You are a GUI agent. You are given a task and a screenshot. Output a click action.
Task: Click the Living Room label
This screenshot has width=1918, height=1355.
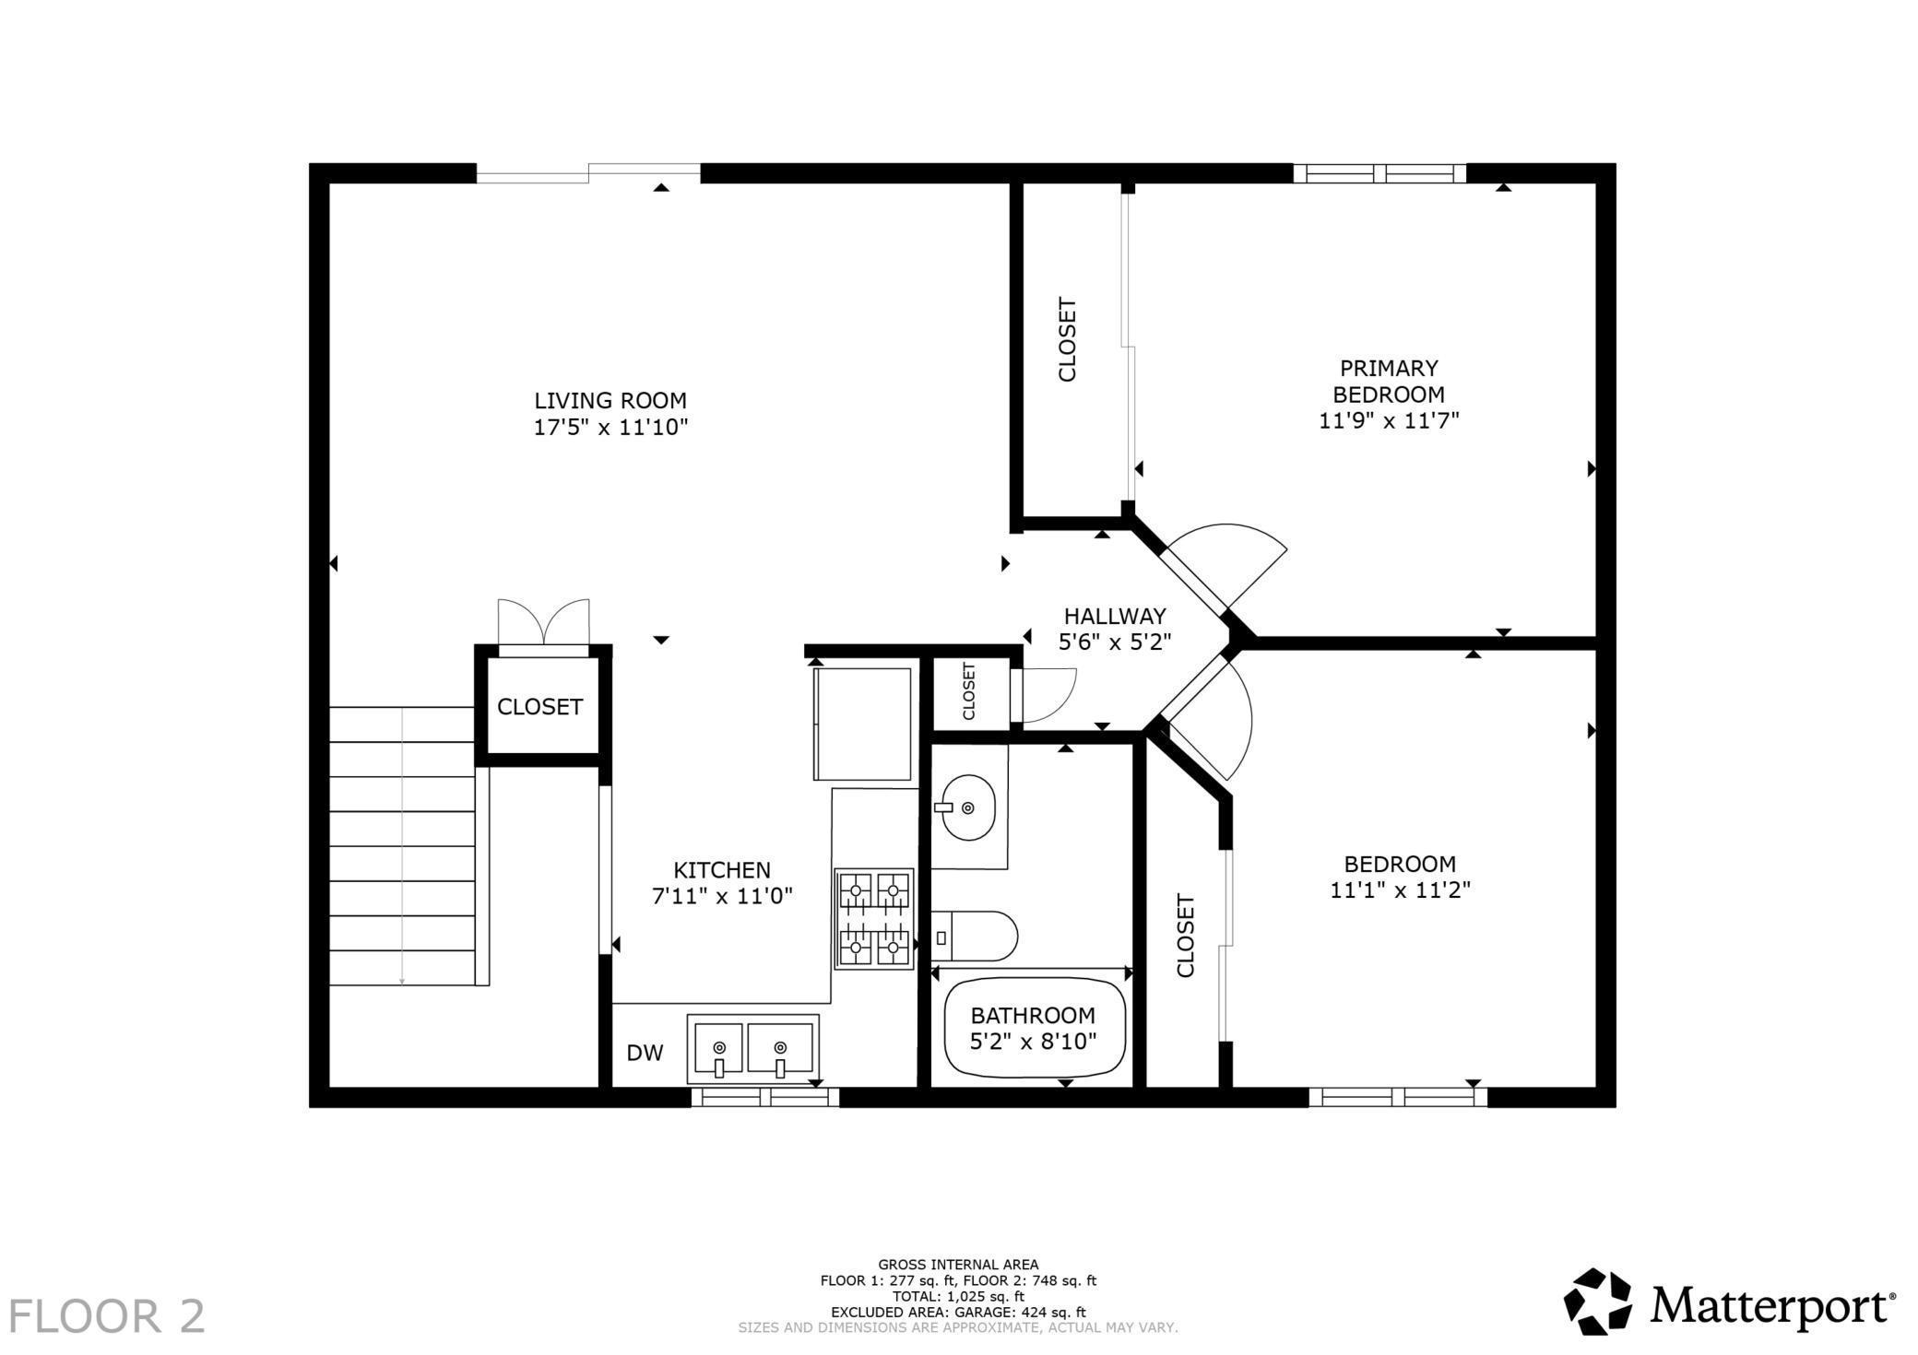[x=610, y=401]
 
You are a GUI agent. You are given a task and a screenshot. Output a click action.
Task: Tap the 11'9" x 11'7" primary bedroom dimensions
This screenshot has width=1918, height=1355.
[x=1389, y=421]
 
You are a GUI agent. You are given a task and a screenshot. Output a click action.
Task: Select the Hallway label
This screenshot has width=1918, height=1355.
[x=1115, y=616]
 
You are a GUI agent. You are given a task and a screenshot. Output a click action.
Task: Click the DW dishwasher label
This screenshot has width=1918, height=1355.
[x=645, y=1053]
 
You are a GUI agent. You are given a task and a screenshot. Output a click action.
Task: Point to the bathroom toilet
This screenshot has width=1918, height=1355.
[x=974, y=937]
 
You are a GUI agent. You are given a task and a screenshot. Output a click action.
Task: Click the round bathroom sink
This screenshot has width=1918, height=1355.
[x=967, y=807]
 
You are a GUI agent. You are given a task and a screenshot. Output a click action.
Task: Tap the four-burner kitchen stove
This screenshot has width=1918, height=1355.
[x=874, y=919]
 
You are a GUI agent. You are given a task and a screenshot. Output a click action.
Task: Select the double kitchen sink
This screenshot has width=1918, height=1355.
[x=752, y=1049]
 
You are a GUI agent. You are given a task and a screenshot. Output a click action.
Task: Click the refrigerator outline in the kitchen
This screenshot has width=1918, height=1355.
[x=862, y=724]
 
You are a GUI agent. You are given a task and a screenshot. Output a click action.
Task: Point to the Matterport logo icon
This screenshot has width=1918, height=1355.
[x=1598, y=1301]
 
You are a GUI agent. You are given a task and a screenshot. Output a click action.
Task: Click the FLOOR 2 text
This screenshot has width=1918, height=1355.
[x=107, y=1316]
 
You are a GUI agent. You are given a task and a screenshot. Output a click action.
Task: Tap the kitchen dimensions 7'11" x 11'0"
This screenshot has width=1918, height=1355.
[x=722, y=896]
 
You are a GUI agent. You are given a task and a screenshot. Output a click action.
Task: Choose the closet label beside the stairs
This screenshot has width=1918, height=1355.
[x=539, y=707]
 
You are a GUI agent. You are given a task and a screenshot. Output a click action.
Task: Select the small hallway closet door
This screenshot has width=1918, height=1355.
[x=1044, y=695]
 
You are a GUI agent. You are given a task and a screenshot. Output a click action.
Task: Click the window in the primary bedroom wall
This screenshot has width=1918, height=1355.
[x=1379, y=173]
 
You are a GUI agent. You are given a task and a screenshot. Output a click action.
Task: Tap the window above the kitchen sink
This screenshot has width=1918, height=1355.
[x=765, y=1097]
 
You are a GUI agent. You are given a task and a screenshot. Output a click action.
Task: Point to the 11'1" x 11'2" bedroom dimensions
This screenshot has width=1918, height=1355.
[x=1400, y=890]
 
